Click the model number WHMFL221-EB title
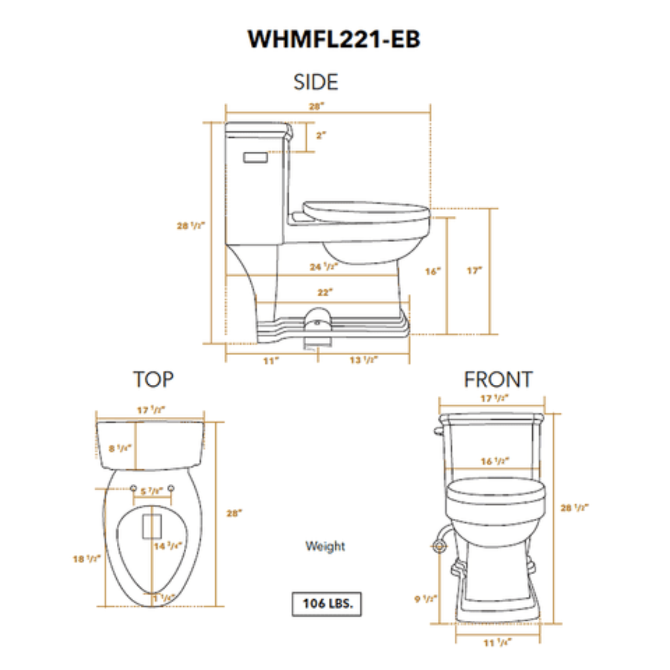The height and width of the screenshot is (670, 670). pyautogui.click(x=334, y=39)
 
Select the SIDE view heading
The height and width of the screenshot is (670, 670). pyautogui.click(x=315, y=82)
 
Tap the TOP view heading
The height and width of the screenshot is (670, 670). pyautogui.click(x=153, y=380)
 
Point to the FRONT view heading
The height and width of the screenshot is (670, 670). pyautogui.click(x=498, y=380)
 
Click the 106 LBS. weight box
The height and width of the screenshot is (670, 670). pyautogui.click(x=327, y=604)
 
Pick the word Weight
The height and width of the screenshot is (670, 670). pyautogui.click(x=325, y=546)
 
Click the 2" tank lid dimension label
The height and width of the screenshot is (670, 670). pyautogui.click(x=321, y=136)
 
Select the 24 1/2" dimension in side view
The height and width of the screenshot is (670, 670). pyautogui.click(x=324, y=267)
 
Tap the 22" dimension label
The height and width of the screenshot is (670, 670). pyautogui.click(x=325, y=292)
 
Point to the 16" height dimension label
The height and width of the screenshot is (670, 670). pyautogui.click(x=432, y=271)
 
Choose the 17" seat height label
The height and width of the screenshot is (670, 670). pyautogui.click(x=474, y=271)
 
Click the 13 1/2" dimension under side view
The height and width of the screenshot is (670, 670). pyautogui.click(x=363, y=360)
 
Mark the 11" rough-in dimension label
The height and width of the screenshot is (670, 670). pyautogui.click(x=271, y=360)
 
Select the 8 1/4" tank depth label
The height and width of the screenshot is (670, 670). pyautogui.click(x=120, y=448)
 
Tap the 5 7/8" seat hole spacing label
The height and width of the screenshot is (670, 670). pyautogui.click(x=152, y=491)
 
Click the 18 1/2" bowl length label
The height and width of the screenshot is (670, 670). pyautogui.click(x=87, y=558)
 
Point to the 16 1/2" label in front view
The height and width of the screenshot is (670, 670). pyautogui.click(x=495, y=461)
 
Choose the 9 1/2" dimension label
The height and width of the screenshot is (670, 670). pyautogui.click(x=425, y=599)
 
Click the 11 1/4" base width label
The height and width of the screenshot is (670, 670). pyautogui.click(x=497, y=643)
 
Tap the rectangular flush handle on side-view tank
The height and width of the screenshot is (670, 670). pyautogui.click(x=256, y=157)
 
